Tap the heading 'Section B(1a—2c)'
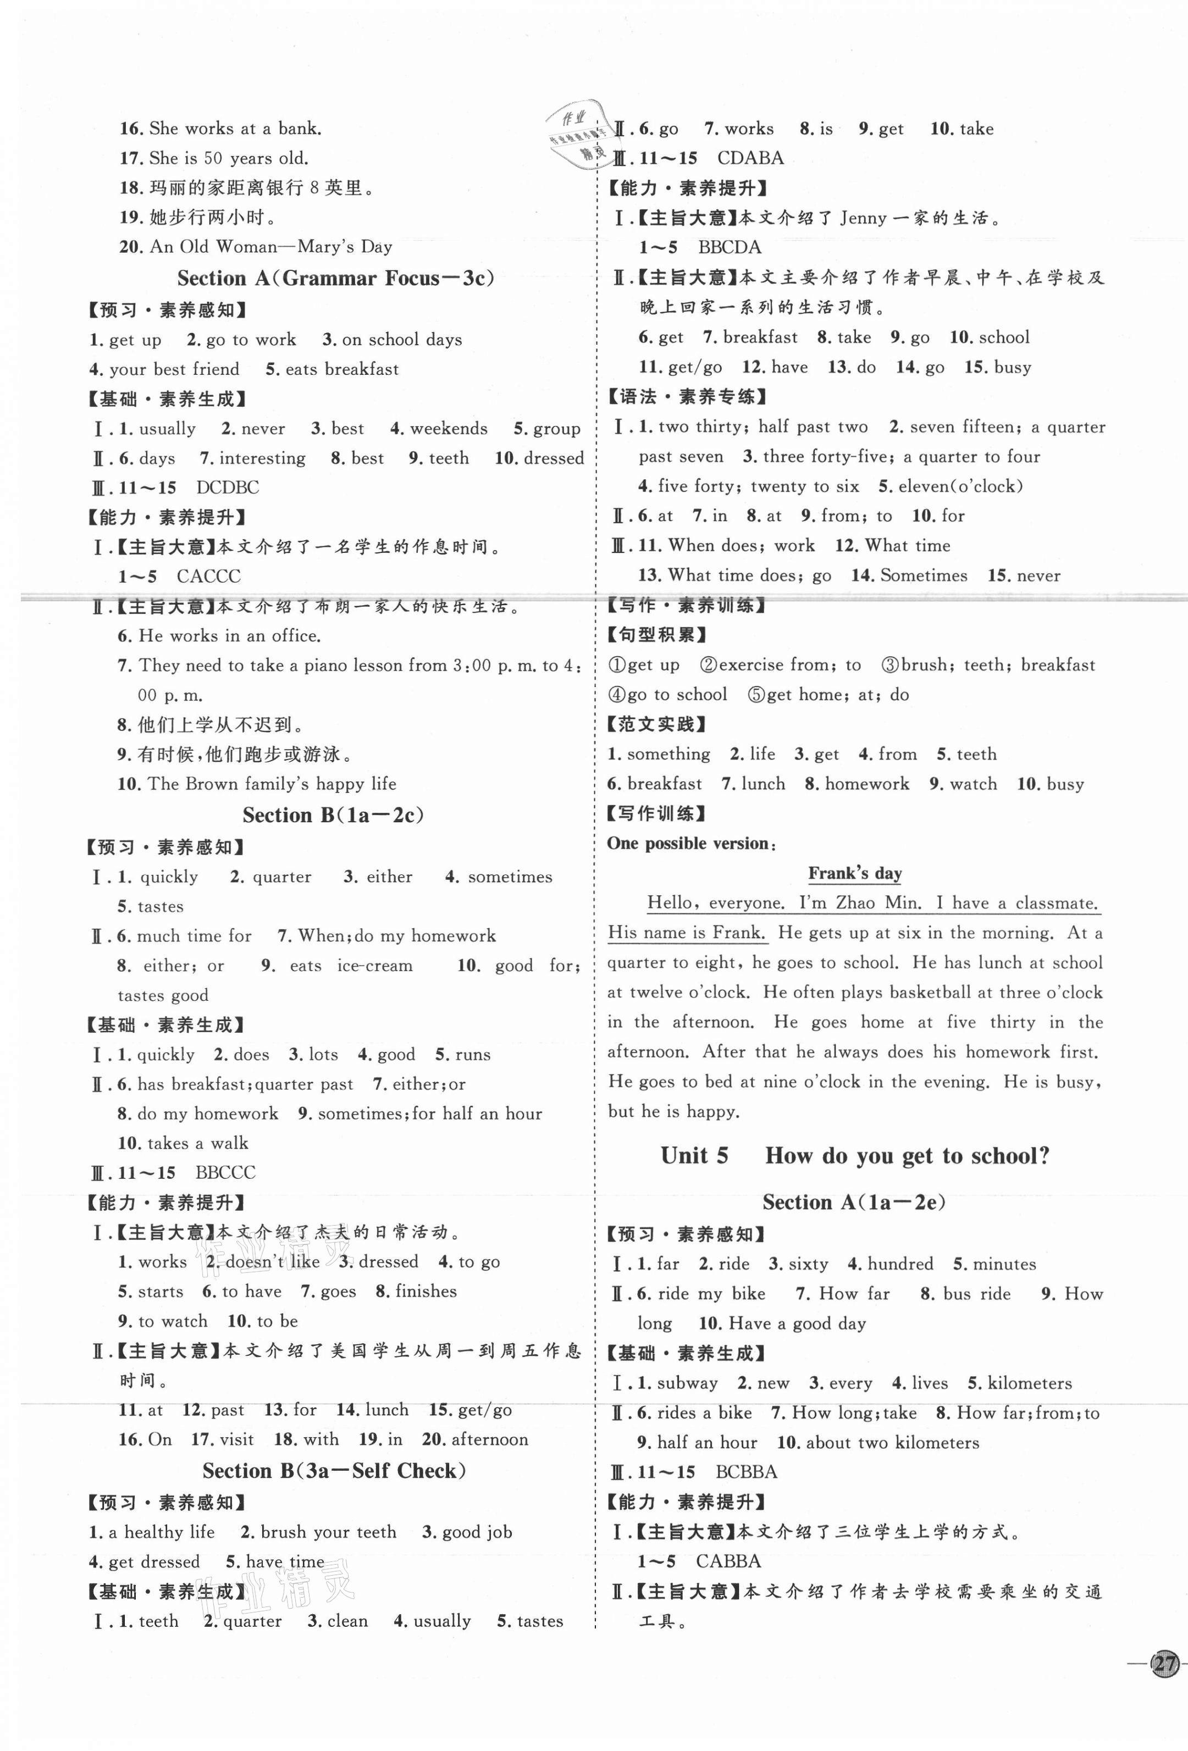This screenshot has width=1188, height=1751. (333, 815)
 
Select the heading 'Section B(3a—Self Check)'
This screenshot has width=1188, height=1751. (334, 1471)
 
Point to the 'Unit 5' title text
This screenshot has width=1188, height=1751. (694, 1155)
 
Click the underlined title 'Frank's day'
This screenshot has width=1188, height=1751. (855, 873)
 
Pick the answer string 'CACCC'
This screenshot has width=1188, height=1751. (209, 577)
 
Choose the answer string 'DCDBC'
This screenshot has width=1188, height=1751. (228, 487)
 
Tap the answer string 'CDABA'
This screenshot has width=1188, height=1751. (750, 158)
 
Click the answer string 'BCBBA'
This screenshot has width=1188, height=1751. (746, 1471)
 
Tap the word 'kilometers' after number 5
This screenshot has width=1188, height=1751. (1029, 1383)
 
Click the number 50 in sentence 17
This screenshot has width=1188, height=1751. (213, 158)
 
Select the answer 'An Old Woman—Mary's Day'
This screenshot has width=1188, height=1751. (272, 247)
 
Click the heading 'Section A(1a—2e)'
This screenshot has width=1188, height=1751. (854, 1202)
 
